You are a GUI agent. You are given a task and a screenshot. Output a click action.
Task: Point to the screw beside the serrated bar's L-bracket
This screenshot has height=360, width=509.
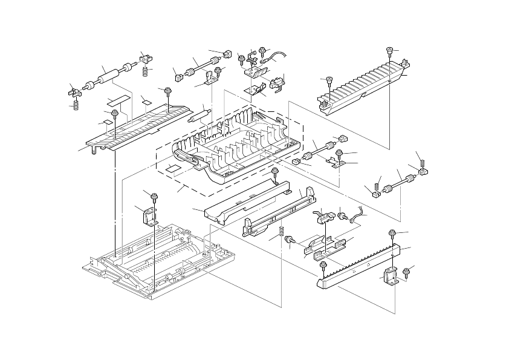pyautogui.click(x=406, y=270)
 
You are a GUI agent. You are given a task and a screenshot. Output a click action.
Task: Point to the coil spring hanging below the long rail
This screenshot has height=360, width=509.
pyautogui.click(x=282, y=232)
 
